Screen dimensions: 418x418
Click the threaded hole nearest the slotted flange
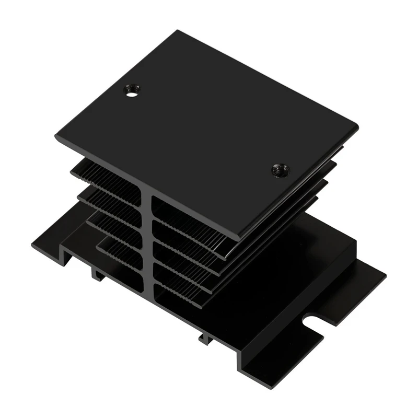coord(281,170)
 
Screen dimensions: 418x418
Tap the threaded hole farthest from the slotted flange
coord(132,91)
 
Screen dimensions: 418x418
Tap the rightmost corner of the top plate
coord(358,126)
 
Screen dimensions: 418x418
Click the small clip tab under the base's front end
coord(205,338)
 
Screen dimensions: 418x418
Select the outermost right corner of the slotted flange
coord(386,274)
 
